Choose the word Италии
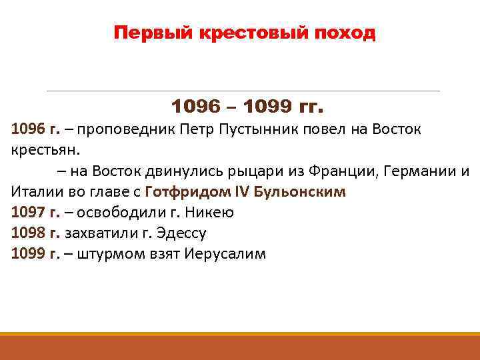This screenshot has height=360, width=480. pos(37,192)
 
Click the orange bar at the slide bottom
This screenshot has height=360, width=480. pos(240,347)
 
